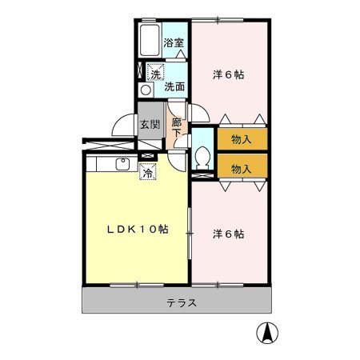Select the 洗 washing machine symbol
(154, 74)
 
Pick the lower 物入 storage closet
(242, 168)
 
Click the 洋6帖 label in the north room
(228, 74)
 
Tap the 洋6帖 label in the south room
(228, 234)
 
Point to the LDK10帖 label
(138, 229)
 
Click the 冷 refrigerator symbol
(148, 170)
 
